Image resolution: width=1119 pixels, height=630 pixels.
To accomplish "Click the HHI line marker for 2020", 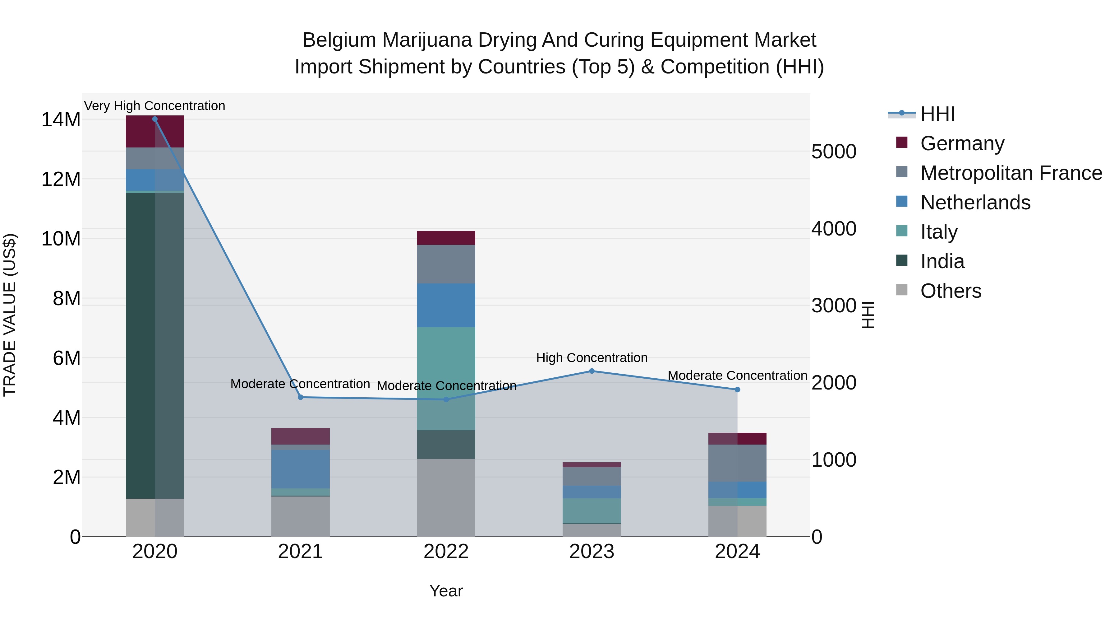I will pyautogui.click(x=155, y=119).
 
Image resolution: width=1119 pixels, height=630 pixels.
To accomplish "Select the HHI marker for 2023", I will pyautogui.click(x=592, y=371).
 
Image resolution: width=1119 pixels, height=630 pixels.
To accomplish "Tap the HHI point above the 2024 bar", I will pyautogui.click(x=737, y=390).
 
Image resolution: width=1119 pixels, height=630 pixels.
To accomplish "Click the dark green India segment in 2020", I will pyautogui.click(x=155, y=345).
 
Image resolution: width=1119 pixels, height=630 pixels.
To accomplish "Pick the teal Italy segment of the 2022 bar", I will pyautogui.click(x=446, y=378).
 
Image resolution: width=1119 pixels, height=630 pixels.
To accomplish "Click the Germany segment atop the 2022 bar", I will pyautogui.click(x=446, y=238).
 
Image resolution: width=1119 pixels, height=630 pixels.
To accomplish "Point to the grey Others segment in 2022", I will pyautogui.click(x=446, y=497).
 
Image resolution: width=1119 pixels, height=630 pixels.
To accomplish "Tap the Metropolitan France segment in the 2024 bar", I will pyautogui.click(x=737, y=463).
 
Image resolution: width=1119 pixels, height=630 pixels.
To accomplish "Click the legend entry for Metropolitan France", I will pyautogui.click(x=1011, y=173).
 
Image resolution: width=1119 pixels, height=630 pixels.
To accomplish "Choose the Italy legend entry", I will pyautogui.click(x=939, y=232).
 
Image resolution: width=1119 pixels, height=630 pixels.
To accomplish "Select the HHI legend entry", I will pyautogui.click(x=937, y=114).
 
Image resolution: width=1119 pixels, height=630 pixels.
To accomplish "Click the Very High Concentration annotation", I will pyautogui.click(x=155, y=106).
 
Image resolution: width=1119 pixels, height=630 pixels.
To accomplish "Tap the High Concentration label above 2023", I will pyautogui.click(x=592, y=358).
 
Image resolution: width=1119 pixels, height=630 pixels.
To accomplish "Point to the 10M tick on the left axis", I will pyautogui.click(x=61, y=239).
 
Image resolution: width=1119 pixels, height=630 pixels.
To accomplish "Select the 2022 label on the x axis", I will pyautogui.click(x=446, y=552).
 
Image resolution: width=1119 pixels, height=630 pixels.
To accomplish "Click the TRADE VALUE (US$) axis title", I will pyautogui.click(x=10, y=315).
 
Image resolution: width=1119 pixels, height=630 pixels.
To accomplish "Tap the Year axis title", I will pyautogui.click(x=446, y=591).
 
